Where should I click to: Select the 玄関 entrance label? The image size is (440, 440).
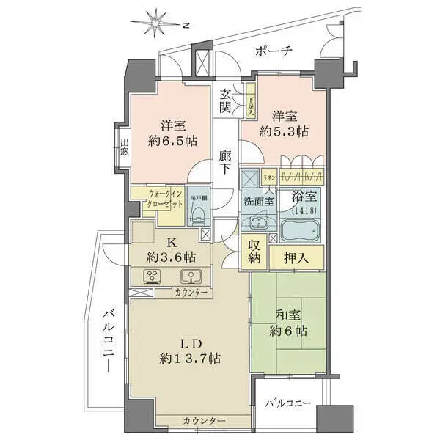click(226, 102)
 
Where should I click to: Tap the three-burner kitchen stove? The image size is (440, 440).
click(153, 277)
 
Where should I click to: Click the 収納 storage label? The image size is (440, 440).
click(254, 252)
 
